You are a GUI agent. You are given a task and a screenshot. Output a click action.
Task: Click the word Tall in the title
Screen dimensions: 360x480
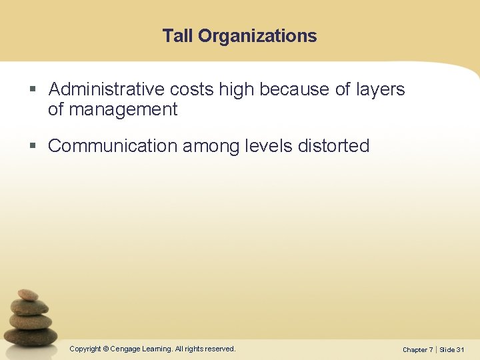click(178, 36)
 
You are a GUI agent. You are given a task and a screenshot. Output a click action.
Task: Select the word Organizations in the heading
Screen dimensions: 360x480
click(257, 36)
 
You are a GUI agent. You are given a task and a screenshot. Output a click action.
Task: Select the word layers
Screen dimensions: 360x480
click(380, 89)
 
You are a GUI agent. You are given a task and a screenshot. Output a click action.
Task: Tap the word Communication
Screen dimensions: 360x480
click(113, 146)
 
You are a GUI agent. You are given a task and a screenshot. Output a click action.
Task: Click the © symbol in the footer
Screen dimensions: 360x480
click(105, 349)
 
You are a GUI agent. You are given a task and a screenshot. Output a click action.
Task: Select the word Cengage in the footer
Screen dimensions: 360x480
click(125, 349)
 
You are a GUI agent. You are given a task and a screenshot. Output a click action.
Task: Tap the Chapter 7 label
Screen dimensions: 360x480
click(417, 349)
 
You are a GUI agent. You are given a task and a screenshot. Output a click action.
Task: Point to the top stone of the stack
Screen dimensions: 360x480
click(28, 294)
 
